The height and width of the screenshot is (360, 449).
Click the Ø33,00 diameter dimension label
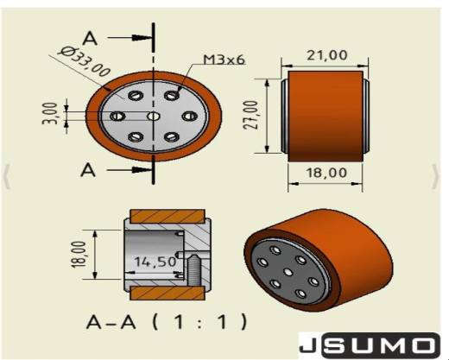85,61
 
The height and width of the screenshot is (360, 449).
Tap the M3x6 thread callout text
224,60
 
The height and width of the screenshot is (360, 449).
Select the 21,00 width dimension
326,55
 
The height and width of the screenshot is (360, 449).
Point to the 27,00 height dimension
250,115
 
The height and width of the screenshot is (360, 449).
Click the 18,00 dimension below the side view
326,173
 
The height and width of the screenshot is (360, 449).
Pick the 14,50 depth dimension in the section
155,262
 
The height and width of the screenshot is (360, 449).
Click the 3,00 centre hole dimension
50,113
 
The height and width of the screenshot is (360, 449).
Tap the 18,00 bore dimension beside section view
79,255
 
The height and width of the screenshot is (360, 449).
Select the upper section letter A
90,39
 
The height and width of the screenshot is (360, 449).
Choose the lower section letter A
88,170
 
